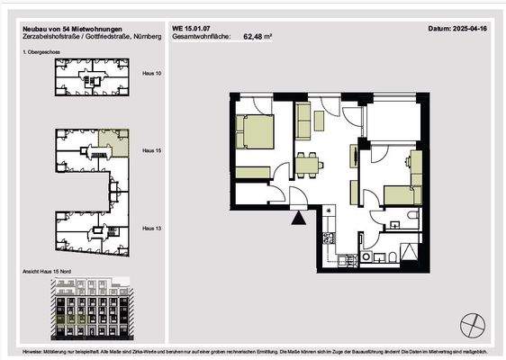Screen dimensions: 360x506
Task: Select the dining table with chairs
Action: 308,165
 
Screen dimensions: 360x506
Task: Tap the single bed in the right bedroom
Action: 398,194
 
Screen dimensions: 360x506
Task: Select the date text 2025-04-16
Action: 471,29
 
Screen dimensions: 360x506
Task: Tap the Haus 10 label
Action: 152,72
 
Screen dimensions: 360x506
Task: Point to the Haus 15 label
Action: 152,152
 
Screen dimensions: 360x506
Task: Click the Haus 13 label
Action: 152,229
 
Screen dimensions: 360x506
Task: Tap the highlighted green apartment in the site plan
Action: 113,141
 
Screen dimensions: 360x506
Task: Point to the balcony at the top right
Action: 393,118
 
